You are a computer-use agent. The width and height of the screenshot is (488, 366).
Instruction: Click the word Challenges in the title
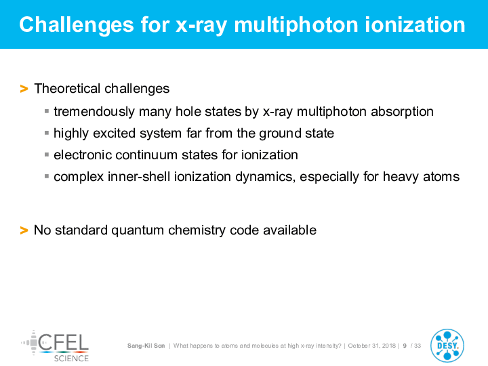[76, 26]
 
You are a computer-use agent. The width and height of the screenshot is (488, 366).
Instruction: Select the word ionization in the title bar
[415, 24]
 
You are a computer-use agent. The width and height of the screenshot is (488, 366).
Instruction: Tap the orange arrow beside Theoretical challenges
[24, 89]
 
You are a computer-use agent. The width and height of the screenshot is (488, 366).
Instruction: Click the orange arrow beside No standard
[24, 230]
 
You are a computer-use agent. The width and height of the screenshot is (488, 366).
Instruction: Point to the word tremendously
[94, 112]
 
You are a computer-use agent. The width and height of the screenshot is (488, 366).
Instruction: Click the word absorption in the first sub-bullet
[402, 112]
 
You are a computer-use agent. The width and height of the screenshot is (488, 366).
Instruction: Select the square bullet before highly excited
[47, 133]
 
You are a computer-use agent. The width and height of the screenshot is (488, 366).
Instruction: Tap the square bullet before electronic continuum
[47, 155]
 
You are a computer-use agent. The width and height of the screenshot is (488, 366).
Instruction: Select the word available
[290, 230]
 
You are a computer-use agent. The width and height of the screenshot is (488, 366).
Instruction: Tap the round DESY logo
[447, 346]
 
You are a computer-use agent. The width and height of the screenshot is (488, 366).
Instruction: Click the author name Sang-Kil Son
[146, 346]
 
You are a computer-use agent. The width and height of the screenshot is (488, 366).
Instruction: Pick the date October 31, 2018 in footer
[371, 346]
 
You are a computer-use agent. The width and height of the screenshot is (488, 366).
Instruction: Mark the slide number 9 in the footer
[405, 346]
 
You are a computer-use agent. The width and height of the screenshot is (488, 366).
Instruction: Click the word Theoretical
[67, 88]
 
